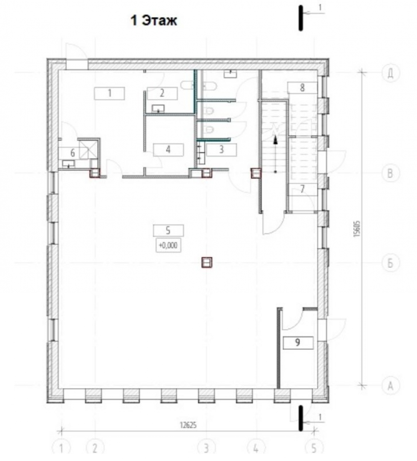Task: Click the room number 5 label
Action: [168, 230]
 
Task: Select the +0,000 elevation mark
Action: [168, 246]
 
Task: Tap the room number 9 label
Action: [298, 342]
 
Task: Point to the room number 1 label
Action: [110, 94]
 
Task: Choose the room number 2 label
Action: [162, 94]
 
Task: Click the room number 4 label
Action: [168, 150]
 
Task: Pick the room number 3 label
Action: [221, 150]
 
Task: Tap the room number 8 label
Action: [302, 87]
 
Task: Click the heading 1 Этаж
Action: [154, 21]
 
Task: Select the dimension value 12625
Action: [188, 425]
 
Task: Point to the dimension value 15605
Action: [357, 229]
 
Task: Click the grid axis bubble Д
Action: [390, 73]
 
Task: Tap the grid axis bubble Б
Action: [390, 262]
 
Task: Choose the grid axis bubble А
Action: [390, 385]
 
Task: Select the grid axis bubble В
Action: [390, 173]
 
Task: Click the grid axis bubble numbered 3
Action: [206, 449]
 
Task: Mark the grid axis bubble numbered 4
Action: [256, 449]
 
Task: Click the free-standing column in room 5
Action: [207, 262]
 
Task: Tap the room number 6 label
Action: [73, 153]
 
